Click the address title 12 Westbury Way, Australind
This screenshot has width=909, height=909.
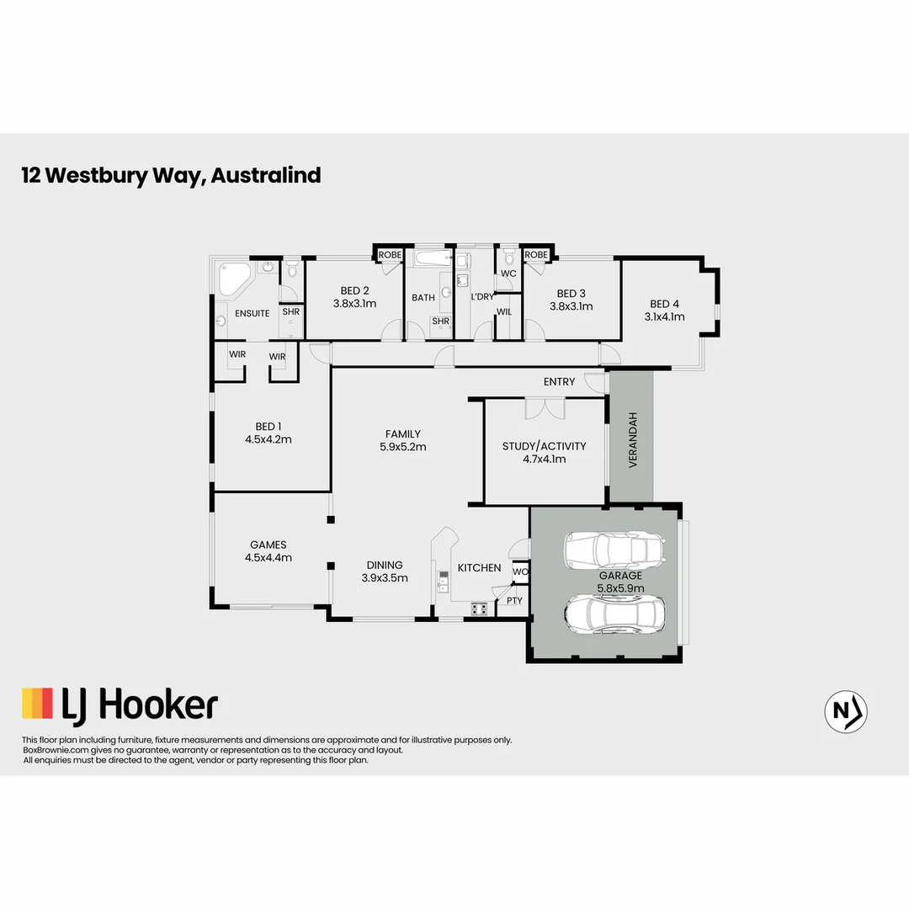171,175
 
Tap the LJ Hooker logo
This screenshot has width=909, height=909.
120,704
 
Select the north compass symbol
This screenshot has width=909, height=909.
846,711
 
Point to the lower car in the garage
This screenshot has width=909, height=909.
615,614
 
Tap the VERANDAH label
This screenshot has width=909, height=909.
632,440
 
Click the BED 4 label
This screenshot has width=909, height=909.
665,304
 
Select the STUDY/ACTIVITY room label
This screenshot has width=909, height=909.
544,446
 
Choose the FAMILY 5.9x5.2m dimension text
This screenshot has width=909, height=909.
402,447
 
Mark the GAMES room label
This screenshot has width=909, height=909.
268,545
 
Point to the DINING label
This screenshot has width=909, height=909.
384,565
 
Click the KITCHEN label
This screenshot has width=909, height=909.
479,568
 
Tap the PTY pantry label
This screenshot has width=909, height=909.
513,601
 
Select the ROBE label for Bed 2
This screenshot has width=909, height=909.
390,254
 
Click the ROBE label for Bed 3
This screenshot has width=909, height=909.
536,254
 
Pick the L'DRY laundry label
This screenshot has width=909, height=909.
482,297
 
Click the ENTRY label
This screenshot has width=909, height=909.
559,381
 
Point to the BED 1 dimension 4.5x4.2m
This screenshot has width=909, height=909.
268,439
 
